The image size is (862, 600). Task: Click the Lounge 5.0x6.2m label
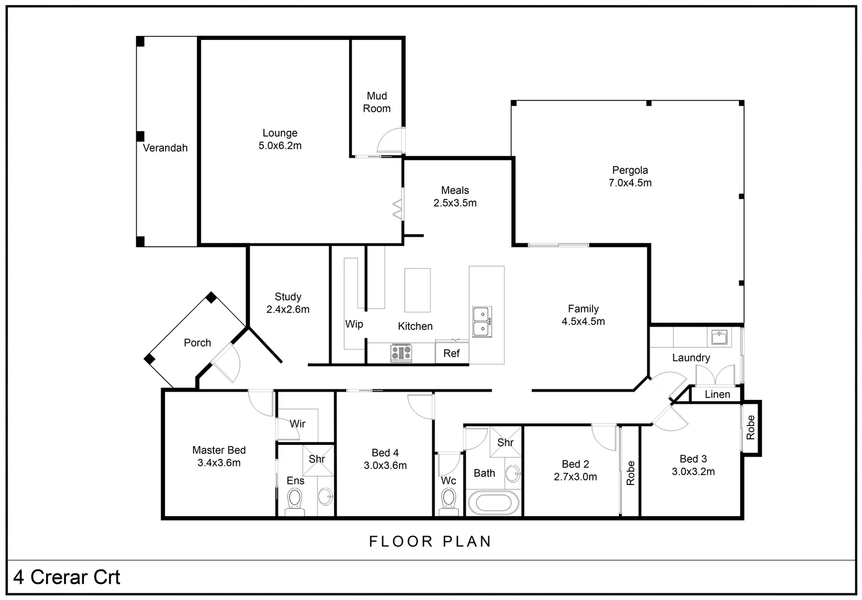280,139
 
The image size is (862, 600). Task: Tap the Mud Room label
376,103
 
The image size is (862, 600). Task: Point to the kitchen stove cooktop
401,353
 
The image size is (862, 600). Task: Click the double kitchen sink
481,322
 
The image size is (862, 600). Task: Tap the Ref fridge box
451,353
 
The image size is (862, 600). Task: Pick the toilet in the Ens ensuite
295,500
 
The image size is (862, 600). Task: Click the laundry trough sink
719,337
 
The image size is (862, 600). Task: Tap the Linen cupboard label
717,394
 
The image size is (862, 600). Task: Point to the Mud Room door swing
390,141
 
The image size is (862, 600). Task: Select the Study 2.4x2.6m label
287,303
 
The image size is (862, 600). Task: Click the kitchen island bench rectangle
417,290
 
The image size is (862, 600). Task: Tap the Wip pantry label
354,324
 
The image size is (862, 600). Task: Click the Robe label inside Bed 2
630,473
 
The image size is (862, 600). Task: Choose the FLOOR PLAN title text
430,541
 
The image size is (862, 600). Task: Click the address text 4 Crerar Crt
67,577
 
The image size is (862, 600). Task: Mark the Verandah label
165,148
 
